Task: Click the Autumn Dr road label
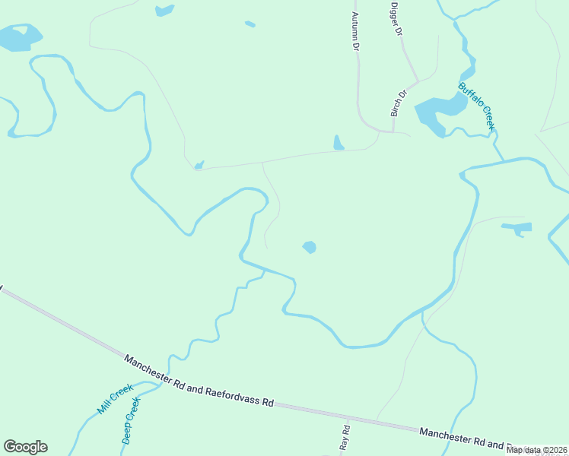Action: [x=354, y=30]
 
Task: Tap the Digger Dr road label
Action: [x=395, y=20]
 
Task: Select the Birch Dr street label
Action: [x=399, y=103]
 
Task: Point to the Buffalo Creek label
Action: [x=477, y=106]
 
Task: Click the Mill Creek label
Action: [x=115, y=399]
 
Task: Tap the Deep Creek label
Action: [x=131, y=420]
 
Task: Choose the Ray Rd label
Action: [x=344, y=437]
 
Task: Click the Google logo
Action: [x=25, y=447]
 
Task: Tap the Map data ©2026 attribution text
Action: [x=537, y=450]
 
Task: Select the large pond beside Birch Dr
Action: [x=435, y=113]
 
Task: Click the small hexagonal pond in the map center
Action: [x=309, y=247]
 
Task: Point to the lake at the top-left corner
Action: [x=18, y=37]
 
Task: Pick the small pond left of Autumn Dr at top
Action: [x=164, y=11]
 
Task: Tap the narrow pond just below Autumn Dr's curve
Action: [x=338, y=143]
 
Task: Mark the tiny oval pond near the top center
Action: [x=250, y=24]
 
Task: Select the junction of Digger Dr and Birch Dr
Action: [x=416, y=80]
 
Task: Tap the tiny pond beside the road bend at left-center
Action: [x=199, y=164]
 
